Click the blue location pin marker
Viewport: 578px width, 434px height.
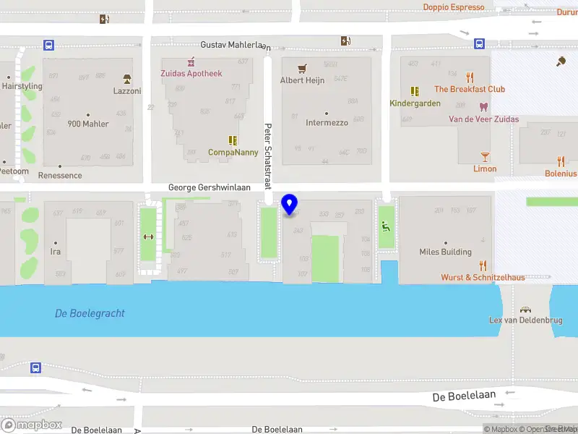click(x=290, y=204)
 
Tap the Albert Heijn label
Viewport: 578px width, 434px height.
click(x=302, y=80)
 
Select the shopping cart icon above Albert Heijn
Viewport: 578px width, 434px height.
click(x=302, y=69)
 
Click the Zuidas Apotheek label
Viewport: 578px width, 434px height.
click(x=191, y=73)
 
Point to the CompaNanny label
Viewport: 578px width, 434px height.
click(x=233, y=153)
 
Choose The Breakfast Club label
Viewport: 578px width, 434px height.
click(x=470, y=89)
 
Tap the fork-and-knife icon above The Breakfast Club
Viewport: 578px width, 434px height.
click(x=470, y=77)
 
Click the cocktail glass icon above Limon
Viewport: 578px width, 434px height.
click(x=485, y=156)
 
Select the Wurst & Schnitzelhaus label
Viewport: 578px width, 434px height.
click(x=483, y=277)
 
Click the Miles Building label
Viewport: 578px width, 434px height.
click(x=445, y=252)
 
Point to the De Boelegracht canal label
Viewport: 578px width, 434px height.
click(x=90, y=313)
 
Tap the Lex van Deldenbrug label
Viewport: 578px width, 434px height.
click(x=525, y=320)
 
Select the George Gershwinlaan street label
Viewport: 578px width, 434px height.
click(x=210, y=187)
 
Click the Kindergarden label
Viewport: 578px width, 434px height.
click(x=415, y=103)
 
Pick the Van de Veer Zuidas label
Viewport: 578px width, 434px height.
click(x=483, y=119)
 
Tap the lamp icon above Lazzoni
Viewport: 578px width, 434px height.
click(x=127, y=79)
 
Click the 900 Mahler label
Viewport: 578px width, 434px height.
click(x=88, y=124)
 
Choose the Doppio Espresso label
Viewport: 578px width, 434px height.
click(x=453, y=7)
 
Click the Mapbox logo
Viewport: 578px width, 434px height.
click(x=32, y=425)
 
